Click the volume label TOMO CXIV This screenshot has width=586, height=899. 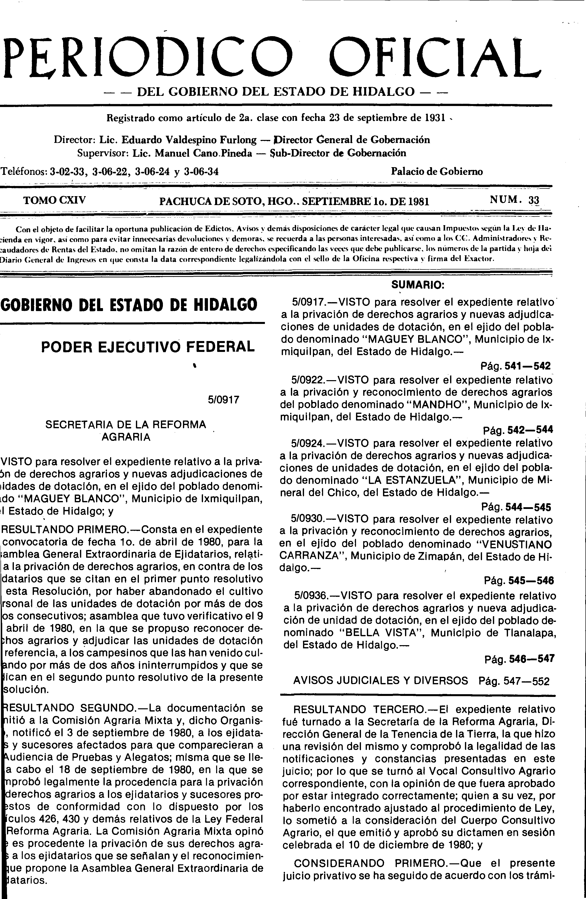(55, 200)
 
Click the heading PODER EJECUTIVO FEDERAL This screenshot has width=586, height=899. (148, 346)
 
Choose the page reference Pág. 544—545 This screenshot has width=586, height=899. (516, 506)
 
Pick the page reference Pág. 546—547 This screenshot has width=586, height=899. (519, 659)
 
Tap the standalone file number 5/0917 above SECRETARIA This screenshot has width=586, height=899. (224, 400)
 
